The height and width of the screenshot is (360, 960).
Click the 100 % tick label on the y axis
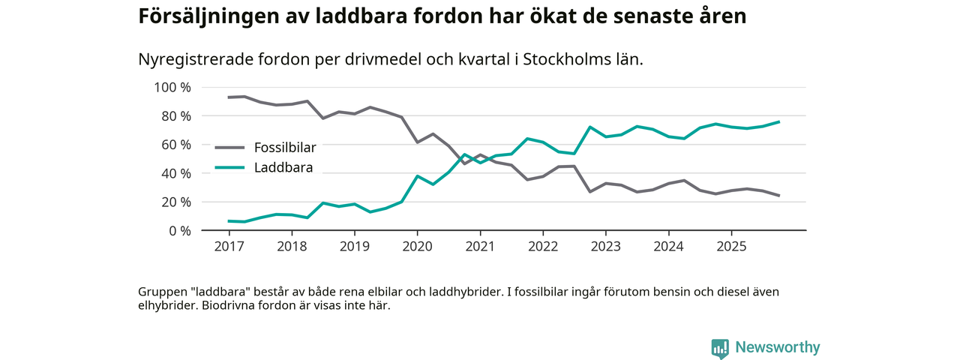click(172, 88)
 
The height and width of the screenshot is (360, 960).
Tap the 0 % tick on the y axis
click(179, 231)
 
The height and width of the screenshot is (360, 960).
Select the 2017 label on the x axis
click(229, 246)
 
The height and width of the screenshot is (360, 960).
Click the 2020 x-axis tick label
click(417, 246)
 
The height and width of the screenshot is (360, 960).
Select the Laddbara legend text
click(283, 167)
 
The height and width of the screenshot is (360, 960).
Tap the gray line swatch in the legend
click(229, 148)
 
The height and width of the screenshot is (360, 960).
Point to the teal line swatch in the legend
click(229, 167)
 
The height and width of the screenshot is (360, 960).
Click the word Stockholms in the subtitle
click(562, 60)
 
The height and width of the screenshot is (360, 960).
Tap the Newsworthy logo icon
click(720, 348)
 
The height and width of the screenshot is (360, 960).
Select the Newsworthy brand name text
click(777, 347)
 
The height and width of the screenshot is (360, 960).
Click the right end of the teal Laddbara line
click(779, 121)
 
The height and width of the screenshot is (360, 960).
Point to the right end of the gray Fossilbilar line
click(779, 196)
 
